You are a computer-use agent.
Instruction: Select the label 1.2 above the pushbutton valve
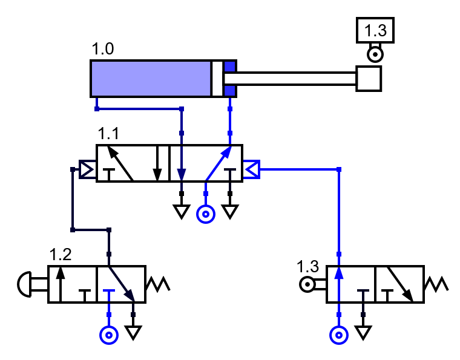tap(61, 254)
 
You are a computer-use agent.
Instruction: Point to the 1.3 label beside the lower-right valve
tap(307, 266)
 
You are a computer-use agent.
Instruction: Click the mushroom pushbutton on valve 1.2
tap(25, 284)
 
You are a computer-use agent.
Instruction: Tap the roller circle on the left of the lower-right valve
tap(308, 284)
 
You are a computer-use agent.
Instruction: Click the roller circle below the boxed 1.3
tap(375, 55)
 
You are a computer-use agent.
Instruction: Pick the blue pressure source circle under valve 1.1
tap(206, 214)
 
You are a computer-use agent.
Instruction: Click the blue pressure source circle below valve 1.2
tap(109, 335)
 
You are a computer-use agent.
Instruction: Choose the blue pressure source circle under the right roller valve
tap(339, 335)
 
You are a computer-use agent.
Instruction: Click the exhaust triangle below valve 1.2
tap(133, 332)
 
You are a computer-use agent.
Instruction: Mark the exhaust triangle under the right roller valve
tap(363, 332)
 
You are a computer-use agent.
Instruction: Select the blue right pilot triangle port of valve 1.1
tap(252, 169)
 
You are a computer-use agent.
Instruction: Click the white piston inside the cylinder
tap(217, 79)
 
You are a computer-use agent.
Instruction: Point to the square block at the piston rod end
tap(368, 79)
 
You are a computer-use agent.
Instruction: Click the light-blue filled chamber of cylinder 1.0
tap(150, 79)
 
